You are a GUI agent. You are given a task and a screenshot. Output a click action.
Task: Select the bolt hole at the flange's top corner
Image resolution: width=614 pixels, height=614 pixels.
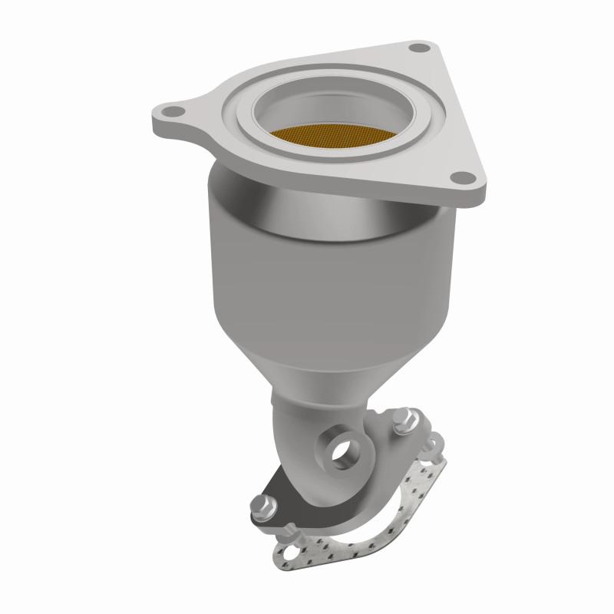pos(418,48)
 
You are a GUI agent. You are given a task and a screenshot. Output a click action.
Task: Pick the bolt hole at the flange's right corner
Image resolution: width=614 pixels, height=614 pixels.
pos(464,179)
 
